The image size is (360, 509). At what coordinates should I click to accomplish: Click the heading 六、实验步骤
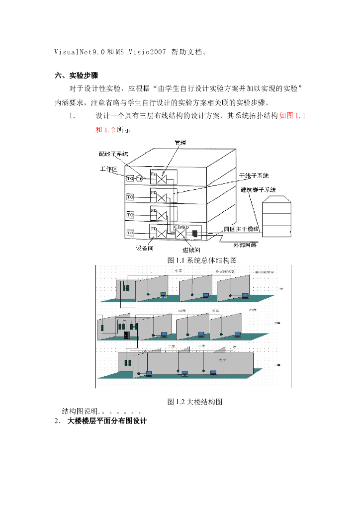(77, 76)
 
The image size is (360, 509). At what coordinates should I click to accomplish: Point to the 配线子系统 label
(113, 154)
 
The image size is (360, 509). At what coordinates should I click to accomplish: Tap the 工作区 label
(108, 170)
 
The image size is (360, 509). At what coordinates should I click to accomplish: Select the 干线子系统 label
(254, 175)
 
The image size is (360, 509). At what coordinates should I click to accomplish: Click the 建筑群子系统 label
(258, 189)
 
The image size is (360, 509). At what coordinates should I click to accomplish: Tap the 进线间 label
(191, 250)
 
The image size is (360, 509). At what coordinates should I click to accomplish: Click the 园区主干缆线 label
(242, 229)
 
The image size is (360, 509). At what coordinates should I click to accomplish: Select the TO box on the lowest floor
(130, 232)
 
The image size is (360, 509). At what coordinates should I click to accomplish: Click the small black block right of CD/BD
(195, 233)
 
